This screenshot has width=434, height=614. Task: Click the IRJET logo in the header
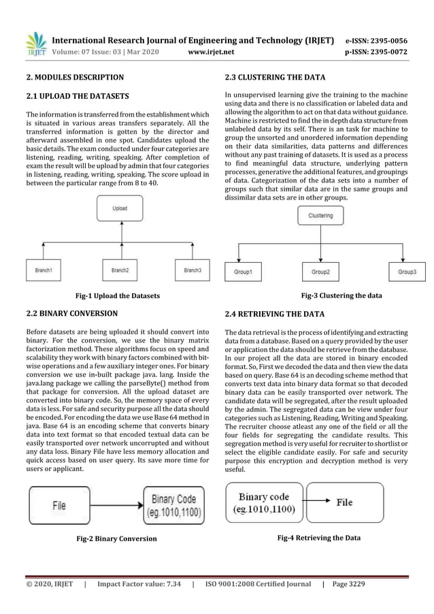(35, 43)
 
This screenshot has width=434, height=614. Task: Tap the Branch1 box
(44, 270)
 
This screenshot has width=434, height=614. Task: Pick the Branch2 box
(120, 270)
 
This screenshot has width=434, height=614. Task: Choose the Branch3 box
(193, 270)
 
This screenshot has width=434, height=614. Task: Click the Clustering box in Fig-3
(320, 215)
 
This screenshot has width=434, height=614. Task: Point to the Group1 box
(243, 271)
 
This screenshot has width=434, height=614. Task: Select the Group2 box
(320, 271)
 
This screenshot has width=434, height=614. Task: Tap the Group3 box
(407, 271)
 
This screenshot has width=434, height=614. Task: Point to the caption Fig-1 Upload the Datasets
(118, 296)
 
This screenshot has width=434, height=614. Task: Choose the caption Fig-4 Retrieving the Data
(319, 538)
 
